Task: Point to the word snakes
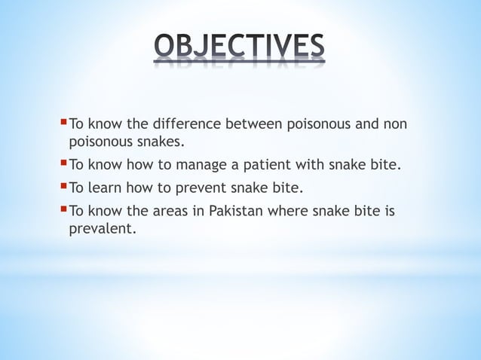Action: [161, 141]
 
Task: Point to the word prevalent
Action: [102, 228]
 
